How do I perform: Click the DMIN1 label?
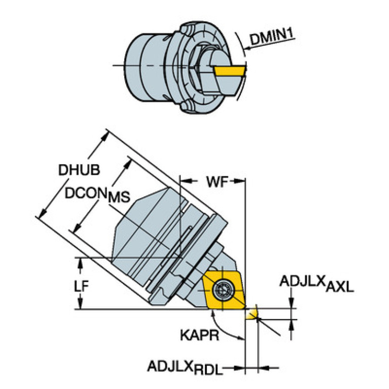(272, 37)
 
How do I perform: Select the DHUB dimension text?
(79, 170)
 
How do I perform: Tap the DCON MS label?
(97, 195)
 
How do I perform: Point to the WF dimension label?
(218, 182)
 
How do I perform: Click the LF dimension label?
(81, 286)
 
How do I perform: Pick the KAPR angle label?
(199, 335)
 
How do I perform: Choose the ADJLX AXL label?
(316, 284)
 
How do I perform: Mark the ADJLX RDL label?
(185, 368)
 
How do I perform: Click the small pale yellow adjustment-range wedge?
(252, 313)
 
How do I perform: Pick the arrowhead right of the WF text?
(239, 182)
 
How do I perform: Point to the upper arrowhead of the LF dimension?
(80, 264)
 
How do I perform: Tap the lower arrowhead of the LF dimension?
(80, 303)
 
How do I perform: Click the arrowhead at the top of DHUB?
(104, 137)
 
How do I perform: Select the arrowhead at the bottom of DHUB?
(44, 213)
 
